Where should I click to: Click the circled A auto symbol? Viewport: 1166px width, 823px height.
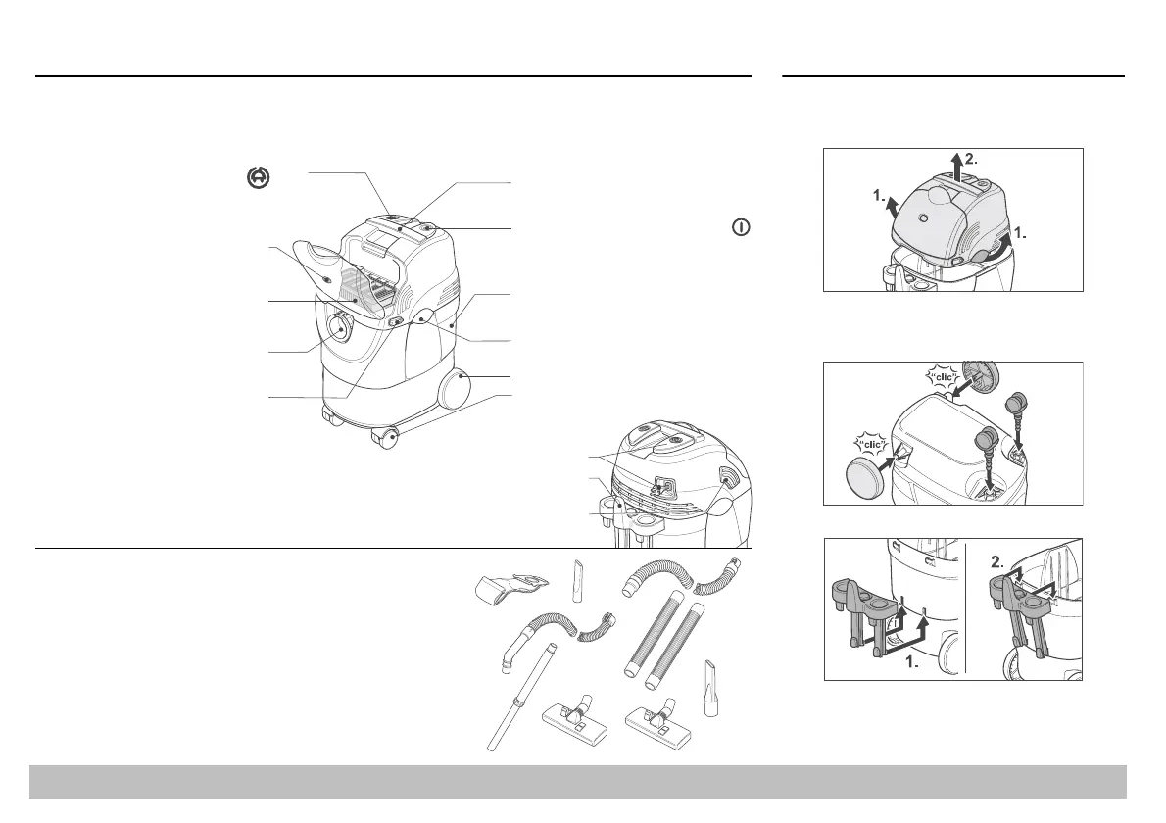click(258, 177)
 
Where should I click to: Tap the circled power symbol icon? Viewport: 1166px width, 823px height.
click(741, 227)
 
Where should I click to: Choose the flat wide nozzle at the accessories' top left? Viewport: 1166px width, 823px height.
click(509, 589)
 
